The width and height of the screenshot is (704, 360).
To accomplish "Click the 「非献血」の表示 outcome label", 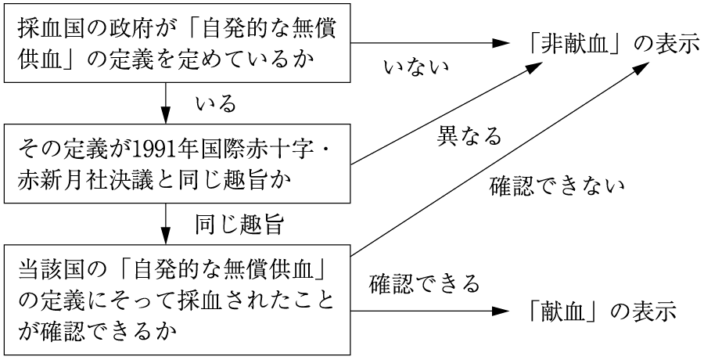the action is tap(612, 45).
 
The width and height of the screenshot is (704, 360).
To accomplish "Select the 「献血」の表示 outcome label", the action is tap(601, 311).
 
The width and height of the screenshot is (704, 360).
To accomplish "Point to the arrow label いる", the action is tap(216, 104).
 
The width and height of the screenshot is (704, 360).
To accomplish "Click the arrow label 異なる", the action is tap(469, 135).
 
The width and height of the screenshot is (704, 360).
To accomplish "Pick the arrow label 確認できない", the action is tap(556, 185).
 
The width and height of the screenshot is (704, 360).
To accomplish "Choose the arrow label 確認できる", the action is tap(424, 284).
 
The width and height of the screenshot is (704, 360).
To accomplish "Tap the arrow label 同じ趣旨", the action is tap(239, 225).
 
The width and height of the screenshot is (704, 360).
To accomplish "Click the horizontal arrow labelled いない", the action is tap(430, 43).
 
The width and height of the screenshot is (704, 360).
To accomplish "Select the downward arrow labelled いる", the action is tap(166, 103).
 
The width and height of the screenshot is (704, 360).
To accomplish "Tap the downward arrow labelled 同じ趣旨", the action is tap(166, 224).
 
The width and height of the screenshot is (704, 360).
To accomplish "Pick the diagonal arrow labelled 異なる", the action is tap(447, 113).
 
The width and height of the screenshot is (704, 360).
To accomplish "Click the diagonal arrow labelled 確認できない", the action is tap(500, 159).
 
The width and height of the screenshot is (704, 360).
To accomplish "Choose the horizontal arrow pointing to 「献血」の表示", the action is tap(430, 311).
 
